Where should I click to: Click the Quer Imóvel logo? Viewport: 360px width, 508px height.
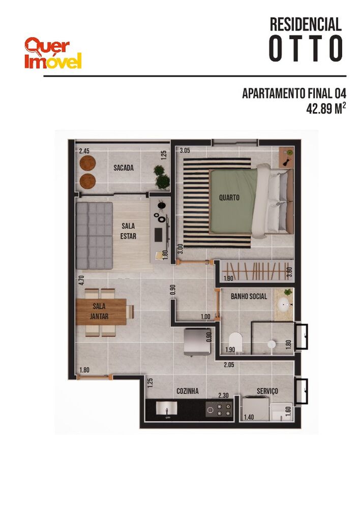(53, 53)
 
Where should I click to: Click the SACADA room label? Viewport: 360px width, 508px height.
(124, 167)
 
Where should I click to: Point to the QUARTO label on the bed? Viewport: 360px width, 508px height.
(229, 198)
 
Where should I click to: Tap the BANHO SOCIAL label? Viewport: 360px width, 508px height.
(249, 296)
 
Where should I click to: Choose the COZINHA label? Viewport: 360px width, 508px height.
(187, 391)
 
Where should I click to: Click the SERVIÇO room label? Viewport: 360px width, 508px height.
(267, 391)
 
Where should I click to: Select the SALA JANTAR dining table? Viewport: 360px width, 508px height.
(102, 312)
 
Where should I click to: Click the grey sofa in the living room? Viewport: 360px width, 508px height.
(94, 236)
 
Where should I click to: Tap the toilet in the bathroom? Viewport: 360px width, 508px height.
(235, 341)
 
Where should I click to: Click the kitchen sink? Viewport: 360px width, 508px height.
(167, 408)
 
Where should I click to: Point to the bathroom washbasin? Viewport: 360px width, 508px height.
(284, 305)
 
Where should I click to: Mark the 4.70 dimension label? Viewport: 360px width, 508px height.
(80, 281)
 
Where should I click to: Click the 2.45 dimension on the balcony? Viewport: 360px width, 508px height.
(84, 151)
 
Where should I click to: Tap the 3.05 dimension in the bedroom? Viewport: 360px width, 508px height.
(185, 150)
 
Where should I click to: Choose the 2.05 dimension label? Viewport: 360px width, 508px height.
(230, 364)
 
